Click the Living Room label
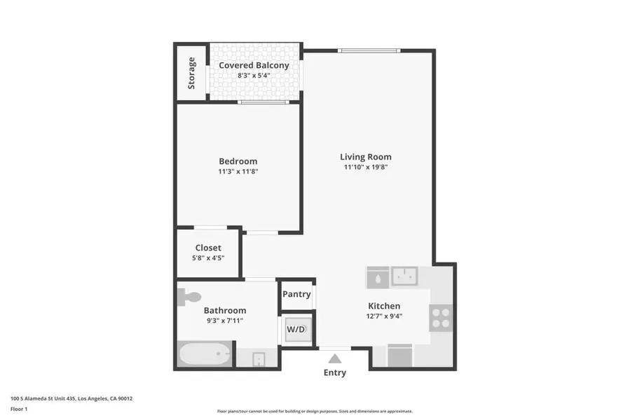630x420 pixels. [x=366, y=157]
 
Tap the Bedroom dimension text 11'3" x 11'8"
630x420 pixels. [x=238, y=171]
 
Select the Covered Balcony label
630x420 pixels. [x=254, y=65]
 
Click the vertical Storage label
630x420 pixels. [x=191, y=73]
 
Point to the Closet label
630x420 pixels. [x=208, y=248]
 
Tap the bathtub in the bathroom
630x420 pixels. [x=205, y=354]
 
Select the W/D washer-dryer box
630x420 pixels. [x=295, y=329]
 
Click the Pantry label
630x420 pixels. [x=296, y=294]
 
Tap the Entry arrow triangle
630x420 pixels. [x=334, y=358]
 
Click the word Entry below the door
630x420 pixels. [x=334, y=372]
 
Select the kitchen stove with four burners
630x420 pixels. [x=441, y=318]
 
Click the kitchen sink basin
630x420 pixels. [x=404, y=276]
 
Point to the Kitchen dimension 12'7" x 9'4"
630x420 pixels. [x=384, y=316]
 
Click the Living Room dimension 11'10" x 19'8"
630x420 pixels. [x=366, y=167]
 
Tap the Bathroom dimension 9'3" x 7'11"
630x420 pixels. [x=224, y=321]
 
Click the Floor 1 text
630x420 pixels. [x=19, y=408]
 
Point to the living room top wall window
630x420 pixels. [x=369, y=50]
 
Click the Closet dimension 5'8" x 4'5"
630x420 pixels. [x=208, y=258]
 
